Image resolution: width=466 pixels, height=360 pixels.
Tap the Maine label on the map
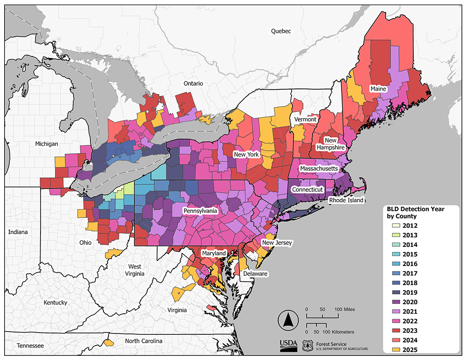(x=377, y=88)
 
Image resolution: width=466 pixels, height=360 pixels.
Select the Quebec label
(x=281, y=31)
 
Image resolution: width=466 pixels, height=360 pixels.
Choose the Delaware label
(x=254, y=274)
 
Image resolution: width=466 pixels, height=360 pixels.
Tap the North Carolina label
(x=144, y=341)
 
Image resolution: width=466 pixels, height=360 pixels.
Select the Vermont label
(x=305, y=120)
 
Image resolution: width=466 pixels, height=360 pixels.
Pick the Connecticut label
(x=307, y=190)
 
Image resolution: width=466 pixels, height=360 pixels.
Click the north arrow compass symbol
(x=288, y=320)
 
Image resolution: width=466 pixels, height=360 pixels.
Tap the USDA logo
(x=288, y=345)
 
